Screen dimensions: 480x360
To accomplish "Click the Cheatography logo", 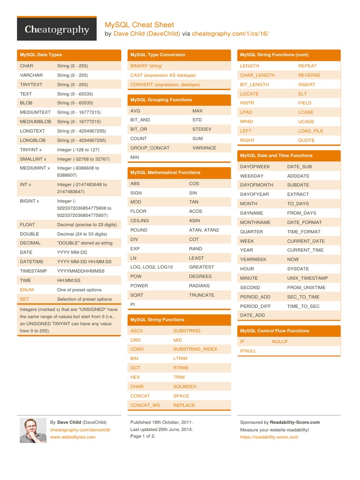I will pyautogui.click(x=57, y=30).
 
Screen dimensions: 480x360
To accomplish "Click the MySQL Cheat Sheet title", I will pyautogui.click(x=139, y=25).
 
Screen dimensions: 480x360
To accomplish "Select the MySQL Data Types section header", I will pyautogui.click(x=41, y=55).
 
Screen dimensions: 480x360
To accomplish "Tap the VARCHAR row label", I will pyautogui.click(x=31, y=75).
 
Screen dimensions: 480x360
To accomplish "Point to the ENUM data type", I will pyautogui.click(x=27, y=290).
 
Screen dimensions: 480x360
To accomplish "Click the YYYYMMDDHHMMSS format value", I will pyautogui.click(x=81, y=271).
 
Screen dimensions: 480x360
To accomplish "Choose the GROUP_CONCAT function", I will pyautogui.click(x=150, y=148).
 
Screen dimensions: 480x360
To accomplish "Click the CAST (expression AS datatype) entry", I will pyautogui.click(x=163, y=75).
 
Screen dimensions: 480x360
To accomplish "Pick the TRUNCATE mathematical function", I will pyautogui.click(x=202, y=295).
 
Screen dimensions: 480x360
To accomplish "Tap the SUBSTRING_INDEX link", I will pyautogui.click(x=195, y=349).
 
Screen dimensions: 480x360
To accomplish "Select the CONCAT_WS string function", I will pyautogui.click(x=145, y=405).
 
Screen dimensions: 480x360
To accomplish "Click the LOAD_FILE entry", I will pyautogui.click(x=311, y=131).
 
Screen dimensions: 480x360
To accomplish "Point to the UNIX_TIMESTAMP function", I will pyautogui.click(x=307, y=278).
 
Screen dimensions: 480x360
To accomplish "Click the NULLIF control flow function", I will pyautogui.click(x=280, y=342).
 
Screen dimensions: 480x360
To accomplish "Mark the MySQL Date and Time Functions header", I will pyautogui.click(x=276, y=155).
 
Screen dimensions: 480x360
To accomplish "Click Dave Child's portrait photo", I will pyautogui.click(x=33, y=430).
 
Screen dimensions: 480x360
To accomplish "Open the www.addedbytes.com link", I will pyautogui.click(x=73, y=437).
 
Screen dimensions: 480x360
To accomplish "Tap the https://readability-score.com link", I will pyautogui.click(x=269, y=437).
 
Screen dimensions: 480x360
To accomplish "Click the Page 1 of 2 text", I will pyautogui.click(x=142, y=436).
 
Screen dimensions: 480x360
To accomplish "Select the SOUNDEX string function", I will pyautogui.click(x=185, y=387).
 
